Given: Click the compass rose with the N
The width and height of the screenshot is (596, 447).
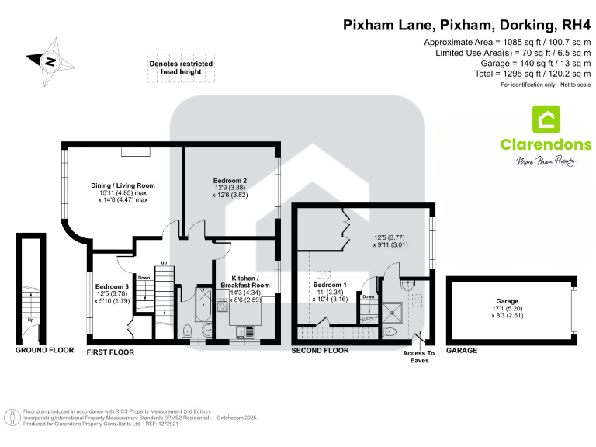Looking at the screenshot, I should [x=49, y=59].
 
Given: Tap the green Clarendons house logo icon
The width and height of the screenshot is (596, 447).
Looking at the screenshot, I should [x=546, y=120].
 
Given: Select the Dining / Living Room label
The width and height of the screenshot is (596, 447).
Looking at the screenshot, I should [x=123, y=185].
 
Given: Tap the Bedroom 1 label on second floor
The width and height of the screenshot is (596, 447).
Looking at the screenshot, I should [x=327, y=284].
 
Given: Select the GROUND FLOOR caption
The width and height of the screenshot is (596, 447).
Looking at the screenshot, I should [x=43, y=351].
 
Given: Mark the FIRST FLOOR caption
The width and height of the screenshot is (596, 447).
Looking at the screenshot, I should [x=110, y=352].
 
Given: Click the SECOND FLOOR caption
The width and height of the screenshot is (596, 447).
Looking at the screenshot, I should [x=320, y=351].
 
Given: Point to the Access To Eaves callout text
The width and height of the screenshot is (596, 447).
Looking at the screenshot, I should [x=420, y=356].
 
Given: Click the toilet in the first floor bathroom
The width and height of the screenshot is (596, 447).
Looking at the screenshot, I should [x=187, y=331].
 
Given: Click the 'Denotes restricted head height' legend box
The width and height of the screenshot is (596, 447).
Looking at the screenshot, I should [x=180, y=68].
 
